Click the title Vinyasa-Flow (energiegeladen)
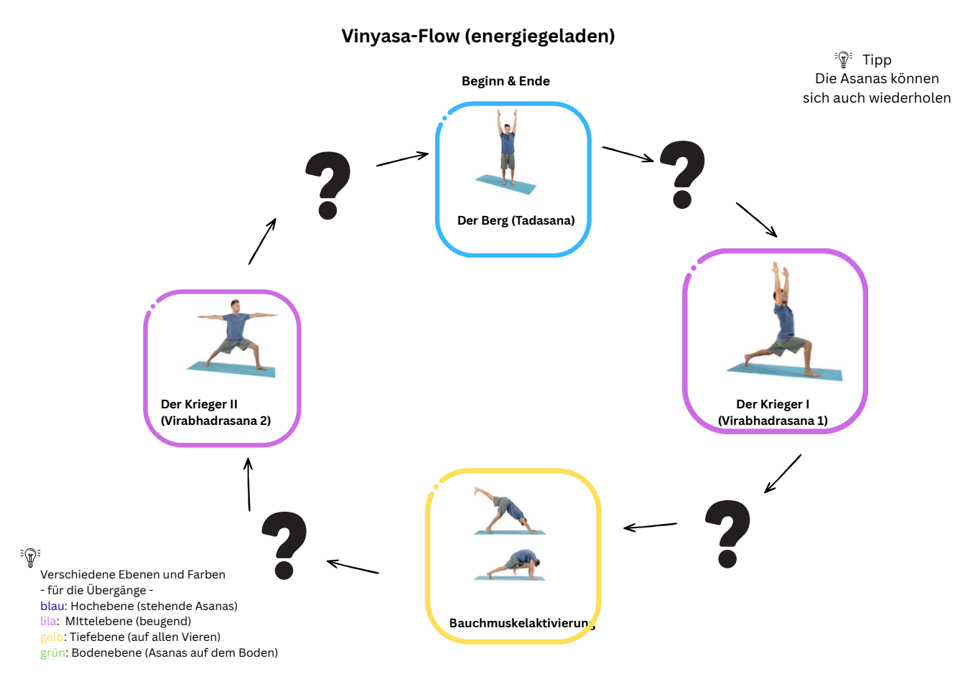tap(478, 37)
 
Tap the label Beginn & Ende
tap(506, 81)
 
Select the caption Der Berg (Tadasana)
tap(516, 220)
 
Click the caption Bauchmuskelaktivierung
tap(522, 623)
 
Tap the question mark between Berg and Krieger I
tap(682, 174)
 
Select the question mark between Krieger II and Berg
tap(328, 185)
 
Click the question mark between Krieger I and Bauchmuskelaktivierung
tap(727, 534)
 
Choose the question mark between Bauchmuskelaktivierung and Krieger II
tap(284, 545)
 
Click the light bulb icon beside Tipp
tap(843, 60)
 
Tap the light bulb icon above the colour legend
tap(30, 558)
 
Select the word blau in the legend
tap(52, 606)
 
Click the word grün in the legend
tap(52, 653)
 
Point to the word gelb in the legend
tap(52, 637)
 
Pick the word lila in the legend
tap(48, 622)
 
